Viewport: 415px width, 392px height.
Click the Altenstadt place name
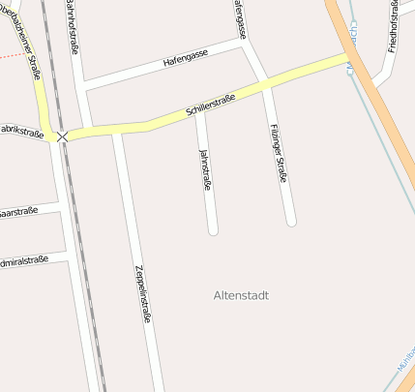click(241, 294)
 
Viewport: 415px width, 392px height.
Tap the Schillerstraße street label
click(212, 106)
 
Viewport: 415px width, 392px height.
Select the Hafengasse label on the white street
click(185, 61)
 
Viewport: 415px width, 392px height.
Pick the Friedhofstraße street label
click(393, 30)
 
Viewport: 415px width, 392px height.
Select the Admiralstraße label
click(23, 261)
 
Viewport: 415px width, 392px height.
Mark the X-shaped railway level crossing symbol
click(63, 137)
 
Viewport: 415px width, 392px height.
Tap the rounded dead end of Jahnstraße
click(213, 230)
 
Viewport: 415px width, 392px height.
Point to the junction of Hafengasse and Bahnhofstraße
click(87, 87)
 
